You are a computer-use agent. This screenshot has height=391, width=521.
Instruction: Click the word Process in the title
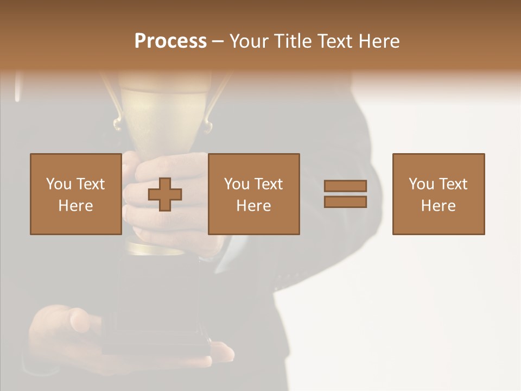[x=170, y=41]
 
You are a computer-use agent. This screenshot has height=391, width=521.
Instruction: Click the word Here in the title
[x=379, y=41]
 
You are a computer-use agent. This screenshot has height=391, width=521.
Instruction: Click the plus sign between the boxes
[x=165, y=194]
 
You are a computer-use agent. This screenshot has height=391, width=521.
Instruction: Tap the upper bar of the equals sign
[x=345, y=186]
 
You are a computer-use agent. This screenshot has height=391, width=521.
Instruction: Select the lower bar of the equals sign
[x=345, y=202]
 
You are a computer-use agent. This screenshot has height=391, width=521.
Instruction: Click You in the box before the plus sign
[x=59, y=184]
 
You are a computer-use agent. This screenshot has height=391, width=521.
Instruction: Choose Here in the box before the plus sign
[x=75, y=206]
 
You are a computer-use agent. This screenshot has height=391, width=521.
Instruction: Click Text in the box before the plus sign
[x=90, y=184]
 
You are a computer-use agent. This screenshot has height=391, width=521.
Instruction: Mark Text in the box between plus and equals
[x=268, y=184]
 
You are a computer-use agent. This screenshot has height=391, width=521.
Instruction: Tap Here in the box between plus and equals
[x=253, y=206]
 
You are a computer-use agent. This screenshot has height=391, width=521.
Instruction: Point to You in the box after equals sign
[x=421, y=184]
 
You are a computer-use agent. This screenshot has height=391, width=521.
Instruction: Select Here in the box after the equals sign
[x=438, y=206]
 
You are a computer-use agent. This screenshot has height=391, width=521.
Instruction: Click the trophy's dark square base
[x=157, y=304]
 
